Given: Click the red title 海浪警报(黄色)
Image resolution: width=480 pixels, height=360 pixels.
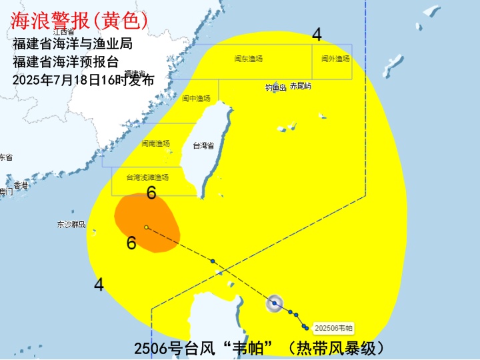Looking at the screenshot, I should [79, 21].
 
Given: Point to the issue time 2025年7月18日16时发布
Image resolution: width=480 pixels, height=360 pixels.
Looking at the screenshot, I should [83, 80].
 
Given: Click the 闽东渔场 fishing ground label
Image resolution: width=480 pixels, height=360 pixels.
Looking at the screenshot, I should [249, 59].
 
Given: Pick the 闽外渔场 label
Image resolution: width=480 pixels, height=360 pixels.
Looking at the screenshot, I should [335, 59].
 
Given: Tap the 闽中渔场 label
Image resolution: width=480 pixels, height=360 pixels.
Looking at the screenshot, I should [197, 99].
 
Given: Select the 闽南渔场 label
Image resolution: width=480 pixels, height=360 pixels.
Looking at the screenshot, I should [155, 143].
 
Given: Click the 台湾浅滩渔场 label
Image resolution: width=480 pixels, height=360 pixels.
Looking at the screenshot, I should [148, 177].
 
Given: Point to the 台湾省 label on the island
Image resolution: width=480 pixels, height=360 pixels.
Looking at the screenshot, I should [203, 145].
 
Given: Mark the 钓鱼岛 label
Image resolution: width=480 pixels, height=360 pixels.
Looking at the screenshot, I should [275, 87].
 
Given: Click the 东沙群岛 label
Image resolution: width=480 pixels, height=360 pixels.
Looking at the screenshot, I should [71, 225].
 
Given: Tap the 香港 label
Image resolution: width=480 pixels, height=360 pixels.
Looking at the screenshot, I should [21, 185].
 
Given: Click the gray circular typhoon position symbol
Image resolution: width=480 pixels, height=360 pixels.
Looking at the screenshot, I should [274, 304].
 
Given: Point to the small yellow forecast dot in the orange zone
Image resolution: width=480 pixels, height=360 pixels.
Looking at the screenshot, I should [146, 227].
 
